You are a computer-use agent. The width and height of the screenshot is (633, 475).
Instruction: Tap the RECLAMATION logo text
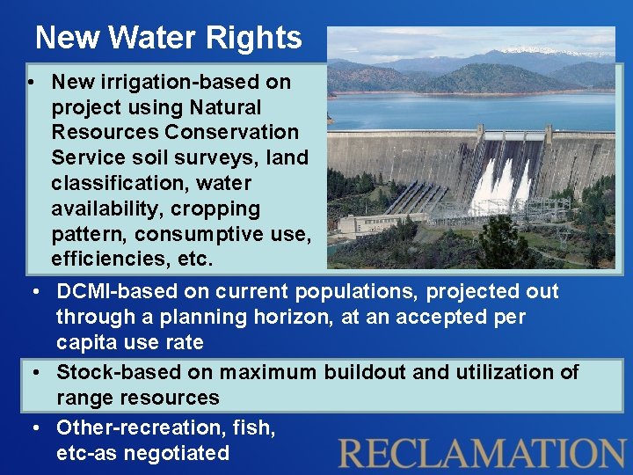coord(482,452)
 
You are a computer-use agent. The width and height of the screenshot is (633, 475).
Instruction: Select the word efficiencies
coord(105,259)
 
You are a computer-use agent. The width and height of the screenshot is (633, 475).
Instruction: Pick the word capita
coord(84,342)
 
